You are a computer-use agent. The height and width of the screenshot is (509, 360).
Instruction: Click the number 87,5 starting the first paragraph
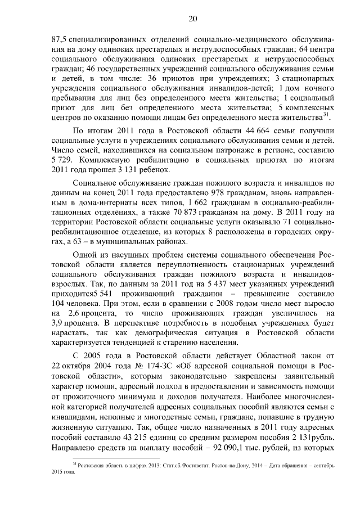pos(59,40)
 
